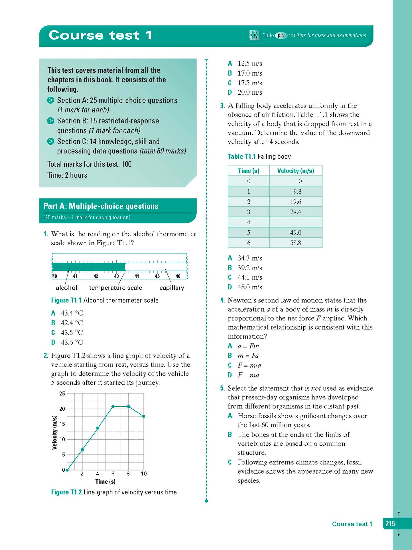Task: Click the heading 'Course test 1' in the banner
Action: pyautogui.click(x=100, y=35)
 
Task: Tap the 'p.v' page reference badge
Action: pyautogui.click(x=281, y=35)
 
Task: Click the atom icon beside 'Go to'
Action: pyautogui.click(x=254, y=35)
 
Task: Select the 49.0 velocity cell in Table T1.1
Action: pyautogui.click(x=296, y=233)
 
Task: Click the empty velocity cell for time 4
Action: pyautogui.click(x=296, y=222)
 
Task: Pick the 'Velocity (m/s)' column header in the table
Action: pyautogui.click(x=296, y=171)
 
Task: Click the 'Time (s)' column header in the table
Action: pyautogui.click(x=248, y=171)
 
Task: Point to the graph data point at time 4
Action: pyautogui.click(x=98, y=428)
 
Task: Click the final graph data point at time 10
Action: pyautogui.click(x=144, y=416)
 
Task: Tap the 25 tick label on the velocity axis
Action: pyautogui.click(x=62, y=394)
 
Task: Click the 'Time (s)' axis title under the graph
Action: pyautogui.click(x=105, y=482)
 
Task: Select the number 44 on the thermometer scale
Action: pyautogui.click(x=137, y=276)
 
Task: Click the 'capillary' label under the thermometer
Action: pyautogui.click(x=172, y=288)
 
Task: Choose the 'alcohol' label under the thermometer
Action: pyautogui.click(x=66, y=288)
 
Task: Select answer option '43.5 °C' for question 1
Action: pyautogui.click(x=72, y=332)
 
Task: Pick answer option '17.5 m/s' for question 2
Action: pyautogui.click(x=249, y=83)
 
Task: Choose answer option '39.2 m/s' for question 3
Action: pyautogui.click(x=249, y=268)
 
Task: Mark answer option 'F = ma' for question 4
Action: pyautogui.click(x=248, y=375)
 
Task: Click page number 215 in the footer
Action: pyautogui.click(x=390, y=523)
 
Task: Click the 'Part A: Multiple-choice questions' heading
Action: pyautogui.click(x=101, y=206)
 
